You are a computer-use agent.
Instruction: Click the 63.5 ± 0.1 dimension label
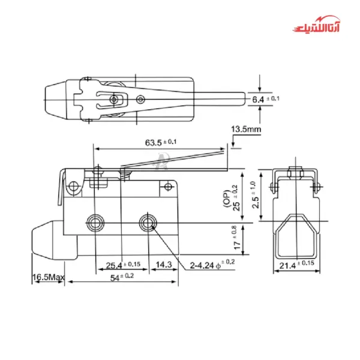(x=160, y=143)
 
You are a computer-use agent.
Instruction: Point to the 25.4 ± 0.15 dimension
(x=122, y=265)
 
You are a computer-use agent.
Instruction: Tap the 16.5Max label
(x=49, y=278)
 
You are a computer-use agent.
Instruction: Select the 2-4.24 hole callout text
(x=209, y=263)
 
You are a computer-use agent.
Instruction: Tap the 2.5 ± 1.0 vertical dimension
(x=257, y=194)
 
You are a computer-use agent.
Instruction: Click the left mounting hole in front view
(x=95, y=223)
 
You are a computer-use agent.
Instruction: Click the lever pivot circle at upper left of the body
(x=74, y=187)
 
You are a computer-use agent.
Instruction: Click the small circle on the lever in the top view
(x=140, y=98)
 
